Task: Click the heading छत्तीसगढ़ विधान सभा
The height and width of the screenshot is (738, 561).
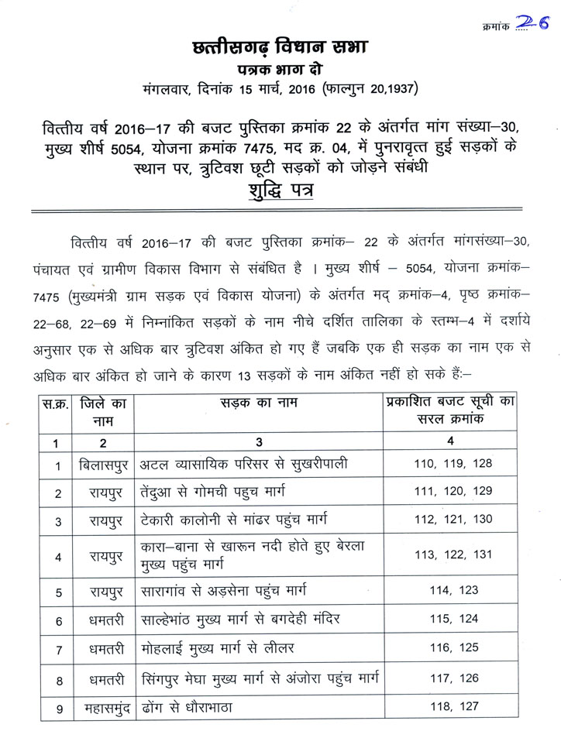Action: click(280, 48)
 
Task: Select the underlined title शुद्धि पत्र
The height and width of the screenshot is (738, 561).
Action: click(280, 191)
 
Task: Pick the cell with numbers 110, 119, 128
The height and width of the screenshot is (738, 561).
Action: click(450, 465)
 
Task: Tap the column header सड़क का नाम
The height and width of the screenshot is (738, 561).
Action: click(260, 403)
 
